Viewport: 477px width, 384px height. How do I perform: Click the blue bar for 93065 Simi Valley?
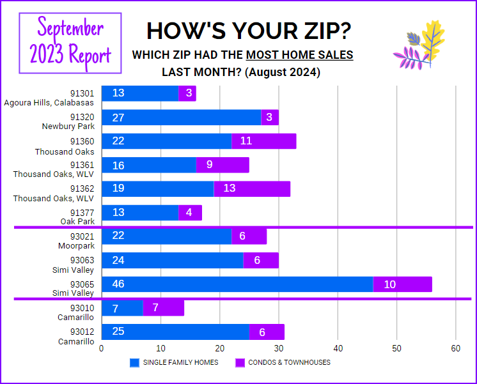click(x=237, y=284)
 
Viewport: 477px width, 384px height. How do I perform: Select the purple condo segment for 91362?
click(x=252, y=188)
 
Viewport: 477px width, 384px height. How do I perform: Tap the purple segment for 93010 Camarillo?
click(x=163, y=308)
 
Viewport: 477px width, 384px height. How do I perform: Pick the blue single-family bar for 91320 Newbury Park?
click(x=181, y=117)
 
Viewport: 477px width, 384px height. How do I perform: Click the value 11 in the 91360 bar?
click(x=246, y=141)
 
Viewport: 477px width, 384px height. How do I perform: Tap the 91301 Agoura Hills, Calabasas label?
click(x=50, y=98)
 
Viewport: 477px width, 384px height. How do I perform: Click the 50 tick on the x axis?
click(x=396, y=348)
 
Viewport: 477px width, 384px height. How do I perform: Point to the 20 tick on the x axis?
click(x=219, y=348)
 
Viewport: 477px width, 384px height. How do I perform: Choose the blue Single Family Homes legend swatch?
click(x=134, y=363)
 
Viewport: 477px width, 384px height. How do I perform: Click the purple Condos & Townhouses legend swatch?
click(x=240, y=363)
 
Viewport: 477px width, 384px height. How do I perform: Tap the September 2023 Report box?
click(x=70, y=42)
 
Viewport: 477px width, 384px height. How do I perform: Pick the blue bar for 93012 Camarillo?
click(x=175, y=332)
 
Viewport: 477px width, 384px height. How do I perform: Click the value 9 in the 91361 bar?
click(x=208, y=164)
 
